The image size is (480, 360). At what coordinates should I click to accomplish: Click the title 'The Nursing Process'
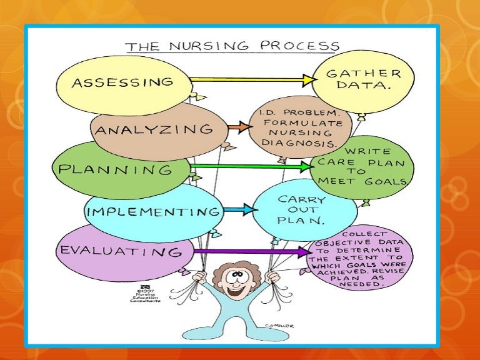[232, 46]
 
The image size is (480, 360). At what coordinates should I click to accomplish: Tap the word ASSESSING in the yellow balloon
[122, 82]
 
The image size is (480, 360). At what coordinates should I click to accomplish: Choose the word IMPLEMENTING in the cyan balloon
[153, 211]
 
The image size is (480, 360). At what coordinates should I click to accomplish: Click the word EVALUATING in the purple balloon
[120, 251]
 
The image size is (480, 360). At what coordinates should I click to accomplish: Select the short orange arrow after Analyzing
[237, 127]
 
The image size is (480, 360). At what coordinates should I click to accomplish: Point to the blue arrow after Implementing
[239, 209]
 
